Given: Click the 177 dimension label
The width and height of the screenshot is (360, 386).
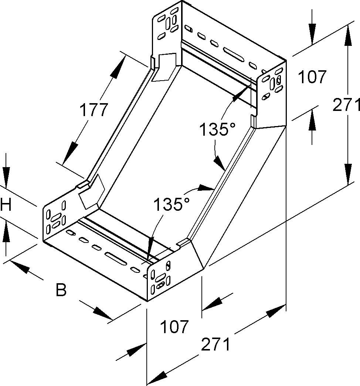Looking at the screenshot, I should pyautogui.click(x=94, y=110).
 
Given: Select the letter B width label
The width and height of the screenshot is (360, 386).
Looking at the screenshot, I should pyautogui.click(x=61, y=290).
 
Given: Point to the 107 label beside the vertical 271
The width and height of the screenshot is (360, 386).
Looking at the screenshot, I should pyautogui.click(x=312, y=77).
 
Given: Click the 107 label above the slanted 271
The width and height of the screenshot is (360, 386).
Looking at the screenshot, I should pyautogui.click(x=174, y=327).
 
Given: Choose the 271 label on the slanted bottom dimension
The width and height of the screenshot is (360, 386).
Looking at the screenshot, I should pyautogui.click(x=216, y=345).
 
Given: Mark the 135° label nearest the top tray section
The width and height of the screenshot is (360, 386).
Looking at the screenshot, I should pyautogui.click(x=217, y=130).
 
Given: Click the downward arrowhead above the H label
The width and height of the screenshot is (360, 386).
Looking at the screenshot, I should pyautogui.click(x=6, y=173).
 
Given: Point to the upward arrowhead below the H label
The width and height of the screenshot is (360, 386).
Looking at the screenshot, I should pyautogui.click(x=6, y=234).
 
